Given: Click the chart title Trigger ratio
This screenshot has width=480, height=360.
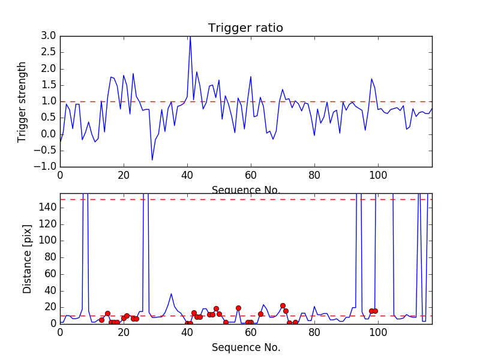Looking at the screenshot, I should (245, 28).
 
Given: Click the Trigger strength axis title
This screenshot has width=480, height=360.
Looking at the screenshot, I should (22, 101).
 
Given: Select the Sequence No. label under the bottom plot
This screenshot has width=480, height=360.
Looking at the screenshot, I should (246, 347).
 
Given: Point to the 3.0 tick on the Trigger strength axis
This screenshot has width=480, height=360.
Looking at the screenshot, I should (49, 36).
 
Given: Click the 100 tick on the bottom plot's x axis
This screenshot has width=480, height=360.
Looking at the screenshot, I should (377, 332).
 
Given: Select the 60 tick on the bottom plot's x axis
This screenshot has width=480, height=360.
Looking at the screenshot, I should (251, 332).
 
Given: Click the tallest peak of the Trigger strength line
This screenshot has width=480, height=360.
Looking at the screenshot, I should (190, 37).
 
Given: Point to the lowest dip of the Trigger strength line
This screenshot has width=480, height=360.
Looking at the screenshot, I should (152, 160).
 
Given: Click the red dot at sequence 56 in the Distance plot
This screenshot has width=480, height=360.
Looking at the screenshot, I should (238, 308).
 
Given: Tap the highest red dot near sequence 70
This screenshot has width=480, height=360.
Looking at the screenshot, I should (283, 305).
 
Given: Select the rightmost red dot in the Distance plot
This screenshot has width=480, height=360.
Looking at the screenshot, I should (375, 311).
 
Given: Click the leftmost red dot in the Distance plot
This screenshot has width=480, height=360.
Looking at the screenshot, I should (101, 320).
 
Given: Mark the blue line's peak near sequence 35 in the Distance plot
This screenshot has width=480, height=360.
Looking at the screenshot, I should (171, 294).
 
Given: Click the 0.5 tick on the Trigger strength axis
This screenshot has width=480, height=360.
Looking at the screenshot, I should (49, 118).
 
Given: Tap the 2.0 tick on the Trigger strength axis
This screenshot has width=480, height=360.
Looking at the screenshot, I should (49, 68).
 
